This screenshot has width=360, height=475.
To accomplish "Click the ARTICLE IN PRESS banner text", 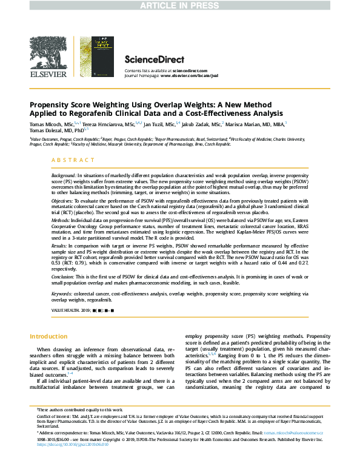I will coord(179,5).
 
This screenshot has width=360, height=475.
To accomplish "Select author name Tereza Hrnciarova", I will coord(104,123).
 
